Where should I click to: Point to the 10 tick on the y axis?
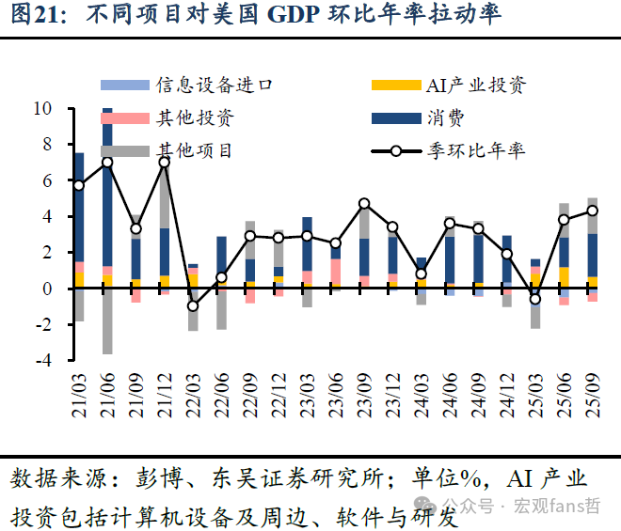click(x=42, y=109)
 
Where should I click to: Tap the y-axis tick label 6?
click(x=47, y=180)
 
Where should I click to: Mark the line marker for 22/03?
click(x=193, y=305)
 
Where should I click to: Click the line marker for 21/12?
click(x=165, y=162)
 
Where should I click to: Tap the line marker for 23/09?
click(x=364, y=203)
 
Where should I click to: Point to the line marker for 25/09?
click(x=593, y=211)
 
